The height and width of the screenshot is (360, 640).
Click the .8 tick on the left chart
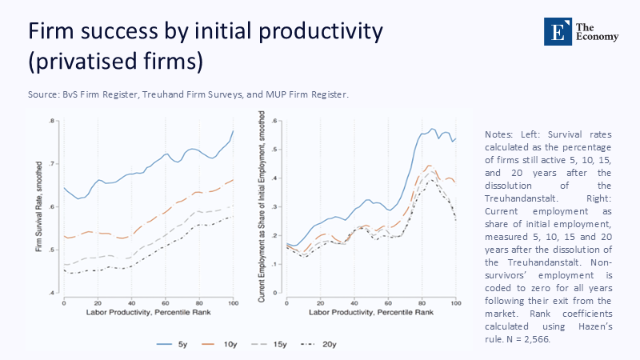51,122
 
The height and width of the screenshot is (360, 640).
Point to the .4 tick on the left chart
51,294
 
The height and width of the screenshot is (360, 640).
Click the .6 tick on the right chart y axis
274,122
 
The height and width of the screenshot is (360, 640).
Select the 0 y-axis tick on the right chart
276,294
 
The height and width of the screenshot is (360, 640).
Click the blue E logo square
554,30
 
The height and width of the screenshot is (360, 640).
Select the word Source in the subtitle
45,94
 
